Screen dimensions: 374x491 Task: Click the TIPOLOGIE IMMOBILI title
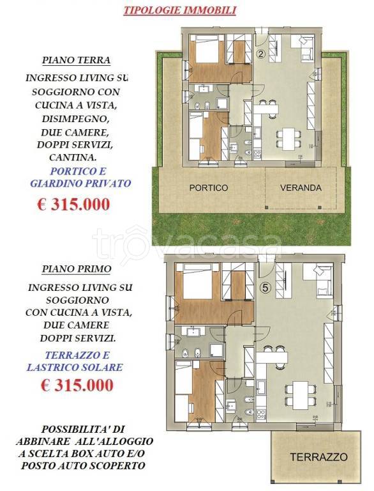(179, 10)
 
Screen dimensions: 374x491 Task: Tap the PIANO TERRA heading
(77, 60)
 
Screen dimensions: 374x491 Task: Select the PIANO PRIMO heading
(77, 269)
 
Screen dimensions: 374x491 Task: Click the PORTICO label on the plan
(209, 188)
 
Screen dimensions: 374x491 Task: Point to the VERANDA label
(301, 188)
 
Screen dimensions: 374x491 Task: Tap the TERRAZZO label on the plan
(319, 457)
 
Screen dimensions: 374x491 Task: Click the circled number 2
(262, 54)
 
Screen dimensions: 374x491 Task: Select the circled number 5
(265, 288)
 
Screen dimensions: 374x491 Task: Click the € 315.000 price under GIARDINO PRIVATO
(73, 205)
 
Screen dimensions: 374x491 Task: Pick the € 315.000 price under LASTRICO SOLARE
(77, 385)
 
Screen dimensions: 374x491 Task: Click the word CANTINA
(73, 157)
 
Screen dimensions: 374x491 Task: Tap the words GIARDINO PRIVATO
(80, 183)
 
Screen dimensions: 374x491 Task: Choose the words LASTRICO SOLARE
(75, 367)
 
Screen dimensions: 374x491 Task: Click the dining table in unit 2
(288, 138)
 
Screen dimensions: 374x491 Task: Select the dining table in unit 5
(300, 395)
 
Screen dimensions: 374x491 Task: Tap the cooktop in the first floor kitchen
(261, 415)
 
